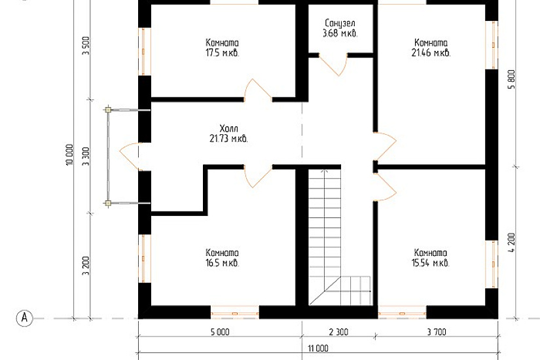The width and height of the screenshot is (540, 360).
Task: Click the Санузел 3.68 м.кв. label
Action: point(340,28)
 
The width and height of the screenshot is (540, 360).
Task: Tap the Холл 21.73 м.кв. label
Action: point(228,134)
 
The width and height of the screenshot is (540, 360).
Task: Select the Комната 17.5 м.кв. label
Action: point(222,48)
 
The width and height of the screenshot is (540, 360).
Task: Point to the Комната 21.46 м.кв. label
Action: point(431,48)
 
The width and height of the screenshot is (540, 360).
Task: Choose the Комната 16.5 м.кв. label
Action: point(222,258)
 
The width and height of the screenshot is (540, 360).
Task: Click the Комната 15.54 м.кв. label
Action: point(431,258)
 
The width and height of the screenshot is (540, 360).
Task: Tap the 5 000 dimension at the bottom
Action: point(220,332)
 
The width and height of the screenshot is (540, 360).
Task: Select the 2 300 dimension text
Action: point(338,332)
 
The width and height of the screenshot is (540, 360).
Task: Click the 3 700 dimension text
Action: point(437,332)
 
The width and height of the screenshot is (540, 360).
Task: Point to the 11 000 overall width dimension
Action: point(318,348)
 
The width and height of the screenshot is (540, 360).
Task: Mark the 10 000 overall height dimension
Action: point(69,154)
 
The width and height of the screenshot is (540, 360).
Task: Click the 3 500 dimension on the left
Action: point(86,45)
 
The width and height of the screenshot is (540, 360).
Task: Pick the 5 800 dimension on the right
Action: point(511,80)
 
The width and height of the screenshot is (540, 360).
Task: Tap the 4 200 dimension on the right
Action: point(511,243)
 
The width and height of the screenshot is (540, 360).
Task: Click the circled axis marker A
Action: point(24,317)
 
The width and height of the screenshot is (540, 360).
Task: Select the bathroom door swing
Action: point(333,64)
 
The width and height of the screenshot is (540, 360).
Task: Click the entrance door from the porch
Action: point(130,156)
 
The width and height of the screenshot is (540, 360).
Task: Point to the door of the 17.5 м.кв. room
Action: point(258,90)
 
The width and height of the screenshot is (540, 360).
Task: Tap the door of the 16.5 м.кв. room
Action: point(258,176)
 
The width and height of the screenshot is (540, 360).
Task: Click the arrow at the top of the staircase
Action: point(324,171)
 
